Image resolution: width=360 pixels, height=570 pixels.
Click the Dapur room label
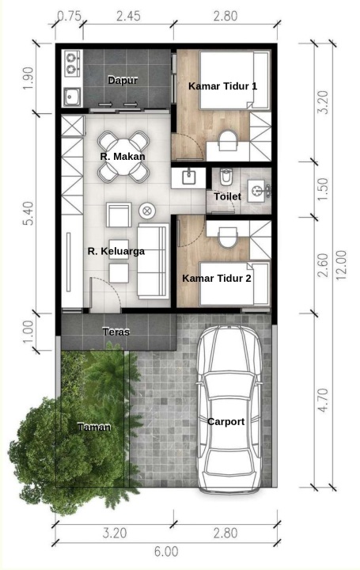tap(123, 80)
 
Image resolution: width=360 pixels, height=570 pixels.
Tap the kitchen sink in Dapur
tap(72, 97)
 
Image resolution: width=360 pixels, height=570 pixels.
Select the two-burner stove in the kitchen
tap(72, 63)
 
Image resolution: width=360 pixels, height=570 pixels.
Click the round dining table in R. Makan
tap(123, 156)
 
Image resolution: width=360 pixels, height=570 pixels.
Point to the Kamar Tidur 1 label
tap(223, 86)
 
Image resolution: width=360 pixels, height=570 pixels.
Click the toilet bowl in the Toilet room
tap(225, 177)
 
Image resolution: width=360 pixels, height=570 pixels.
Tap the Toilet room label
tap(227, 196)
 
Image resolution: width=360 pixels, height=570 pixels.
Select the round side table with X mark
tap(147, 211)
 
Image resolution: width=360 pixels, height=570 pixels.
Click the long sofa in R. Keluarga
tap(153, 260)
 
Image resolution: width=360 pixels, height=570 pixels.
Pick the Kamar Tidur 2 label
tap(217, 279)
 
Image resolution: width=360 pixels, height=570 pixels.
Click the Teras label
tap(116, 332)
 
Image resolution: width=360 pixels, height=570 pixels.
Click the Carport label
tap(226, 422)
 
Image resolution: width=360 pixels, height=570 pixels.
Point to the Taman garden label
tap(94, 427)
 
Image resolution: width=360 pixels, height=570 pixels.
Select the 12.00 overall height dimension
tap(341, 265)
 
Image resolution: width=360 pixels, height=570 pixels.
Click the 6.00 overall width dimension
tap(166, 552)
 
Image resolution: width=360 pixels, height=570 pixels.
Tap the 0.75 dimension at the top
tap(70, 17)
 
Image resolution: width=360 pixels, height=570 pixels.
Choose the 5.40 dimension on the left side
tap(28, 214)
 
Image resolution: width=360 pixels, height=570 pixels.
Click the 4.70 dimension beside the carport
tap(323, 401)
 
